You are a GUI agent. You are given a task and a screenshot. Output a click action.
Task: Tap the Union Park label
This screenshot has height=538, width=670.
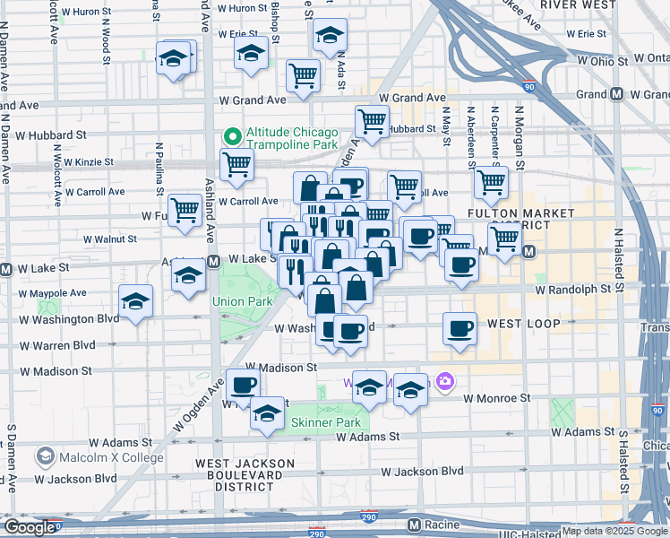[242, 302]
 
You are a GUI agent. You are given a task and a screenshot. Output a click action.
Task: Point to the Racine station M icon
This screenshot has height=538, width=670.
[414, 524]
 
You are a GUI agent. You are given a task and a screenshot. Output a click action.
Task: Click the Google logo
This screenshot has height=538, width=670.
[29, 527]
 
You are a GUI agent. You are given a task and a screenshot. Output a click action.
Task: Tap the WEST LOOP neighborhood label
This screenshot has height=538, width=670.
[523, 323]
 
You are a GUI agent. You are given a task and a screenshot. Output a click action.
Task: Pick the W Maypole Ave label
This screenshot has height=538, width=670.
[55, 292]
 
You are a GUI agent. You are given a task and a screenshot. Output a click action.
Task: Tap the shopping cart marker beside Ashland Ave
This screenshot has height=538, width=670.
[236, 164]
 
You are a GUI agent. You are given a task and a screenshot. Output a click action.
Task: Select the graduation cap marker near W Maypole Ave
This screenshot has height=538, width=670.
[135, 300]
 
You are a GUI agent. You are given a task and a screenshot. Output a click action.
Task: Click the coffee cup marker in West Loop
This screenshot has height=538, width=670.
[460, 327]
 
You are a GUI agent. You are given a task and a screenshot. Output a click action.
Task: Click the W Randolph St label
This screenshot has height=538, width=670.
[573, 291]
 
